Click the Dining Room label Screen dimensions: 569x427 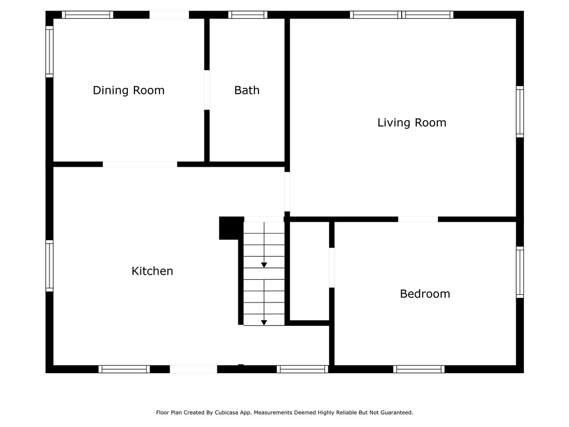tap(128, 90)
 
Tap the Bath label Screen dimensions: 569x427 tap(247, 90)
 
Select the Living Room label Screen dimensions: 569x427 tap(412, 123)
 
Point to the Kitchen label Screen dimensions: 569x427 tap(152, 271)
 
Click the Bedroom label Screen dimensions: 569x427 tap(425, 294)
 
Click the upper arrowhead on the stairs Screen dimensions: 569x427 tap(264, 265)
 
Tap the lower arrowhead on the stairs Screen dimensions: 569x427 tap(264, 322)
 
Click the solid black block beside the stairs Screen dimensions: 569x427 tap(231, 228)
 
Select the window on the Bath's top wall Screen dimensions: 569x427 tap(248, 15)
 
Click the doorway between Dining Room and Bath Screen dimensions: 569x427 tap(207, 90)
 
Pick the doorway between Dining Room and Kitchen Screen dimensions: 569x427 tap(140, 165)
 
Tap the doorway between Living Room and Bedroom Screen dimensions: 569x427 tap(418, 219)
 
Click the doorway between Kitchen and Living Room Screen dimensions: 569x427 tap(287, 191)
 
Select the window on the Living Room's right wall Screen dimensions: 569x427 tap(520, 112)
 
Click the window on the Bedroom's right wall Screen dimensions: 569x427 tap(520, 272)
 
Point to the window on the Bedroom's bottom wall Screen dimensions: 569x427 tap(419, 369)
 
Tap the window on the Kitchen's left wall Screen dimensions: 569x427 tap(49, 266)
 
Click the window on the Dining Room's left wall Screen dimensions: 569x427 tap(49, 52)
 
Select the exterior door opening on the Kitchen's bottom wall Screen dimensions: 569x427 tap(193, 369)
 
